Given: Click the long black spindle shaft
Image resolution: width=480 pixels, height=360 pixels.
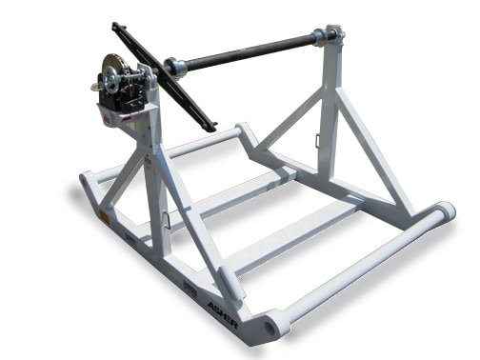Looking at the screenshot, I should tap(248, 52).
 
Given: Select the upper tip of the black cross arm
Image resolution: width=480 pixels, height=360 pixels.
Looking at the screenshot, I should tap(117, 27).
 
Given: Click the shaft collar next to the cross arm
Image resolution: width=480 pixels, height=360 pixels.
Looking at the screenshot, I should tap(174, 67).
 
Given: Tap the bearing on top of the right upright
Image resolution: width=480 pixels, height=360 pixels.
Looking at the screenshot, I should tap(331, 36).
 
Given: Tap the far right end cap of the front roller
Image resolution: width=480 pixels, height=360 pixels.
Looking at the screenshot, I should tap(445, 210).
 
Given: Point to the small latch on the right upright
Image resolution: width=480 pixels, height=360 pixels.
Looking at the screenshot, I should tap(317, 141).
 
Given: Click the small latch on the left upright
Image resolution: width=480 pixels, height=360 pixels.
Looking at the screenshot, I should tap(168, 219).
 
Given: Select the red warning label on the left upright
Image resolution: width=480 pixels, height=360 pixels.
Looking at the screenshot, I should tap(149, 163).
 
